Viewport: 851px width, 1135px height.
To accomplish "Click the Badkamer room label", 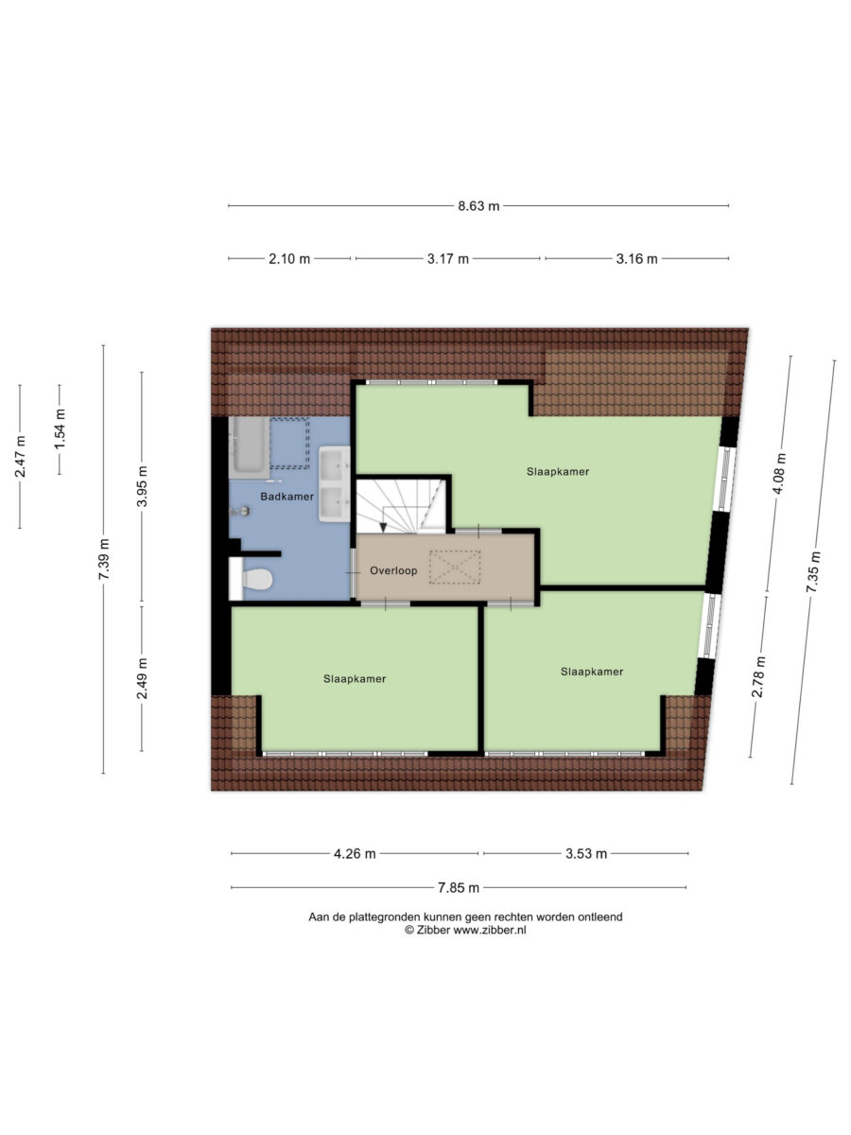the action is point(287,497).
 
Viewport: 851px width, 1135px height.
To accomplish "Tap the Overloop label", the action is point(393,570).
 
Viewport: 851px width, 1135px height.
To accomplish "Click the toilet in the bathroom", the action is point(257,579).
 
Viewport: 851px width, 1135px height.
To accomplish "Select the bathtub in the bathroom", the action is point(249,446).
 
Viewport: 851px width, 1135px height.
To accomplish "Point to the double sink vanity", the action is point(335,484).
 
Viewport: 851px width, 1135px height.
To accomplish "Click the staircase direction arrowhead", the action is point(383,528).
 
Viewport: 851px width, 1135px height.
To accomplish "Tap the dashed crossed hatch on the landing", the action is point(455,567).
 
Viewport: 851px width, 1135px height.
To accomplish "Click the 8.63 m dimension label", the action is point(478,206).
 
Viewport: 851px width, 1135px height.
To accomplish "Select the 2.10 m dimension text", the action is point(288,258).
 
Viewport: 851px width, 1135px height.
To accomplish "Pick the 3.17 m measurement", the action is point(447,258).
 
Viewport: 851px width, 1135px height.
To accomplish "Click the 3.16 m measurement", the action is point(636,258).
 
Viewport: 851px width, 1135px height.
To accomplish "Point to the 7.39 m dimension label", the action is point(104,559).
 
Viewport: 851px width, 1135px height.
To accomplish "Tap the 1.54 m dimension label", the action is point(61,429).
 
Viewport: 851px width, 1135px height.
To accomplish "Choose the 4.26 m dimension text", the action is point(355,853).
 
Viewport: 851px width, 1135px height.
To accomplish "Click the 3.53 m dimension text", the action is point(586,853).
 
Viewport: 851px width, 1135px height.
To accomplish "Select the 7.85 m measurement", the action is point(459,887).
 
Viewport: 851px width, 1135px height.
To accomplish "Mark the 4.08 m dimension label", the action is point(780,474).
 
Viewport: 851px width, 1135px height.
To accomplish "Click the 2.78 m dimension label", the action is point(758,676).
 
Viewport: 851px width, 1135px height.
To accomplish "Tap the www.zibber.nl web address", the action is point(489,930).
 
